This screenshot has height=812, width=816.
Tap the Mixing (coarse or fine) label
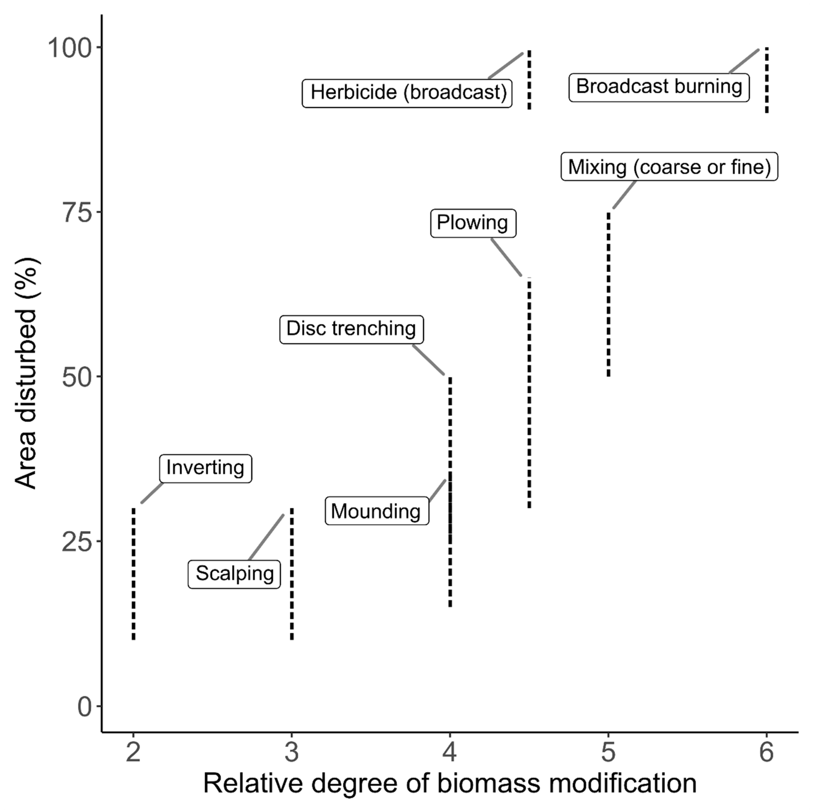point(669,167)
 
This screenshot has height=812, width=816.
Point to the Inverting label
point(205,468)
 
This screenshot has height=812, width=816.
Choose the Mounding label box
point(376,511)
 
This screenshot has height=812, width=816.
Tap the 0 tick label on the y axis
point(85,707)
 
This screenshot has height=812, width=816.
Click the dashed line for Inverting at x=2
point(133,575)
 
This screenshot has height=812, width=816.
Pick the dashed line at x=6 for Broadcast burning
point(767,80)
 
